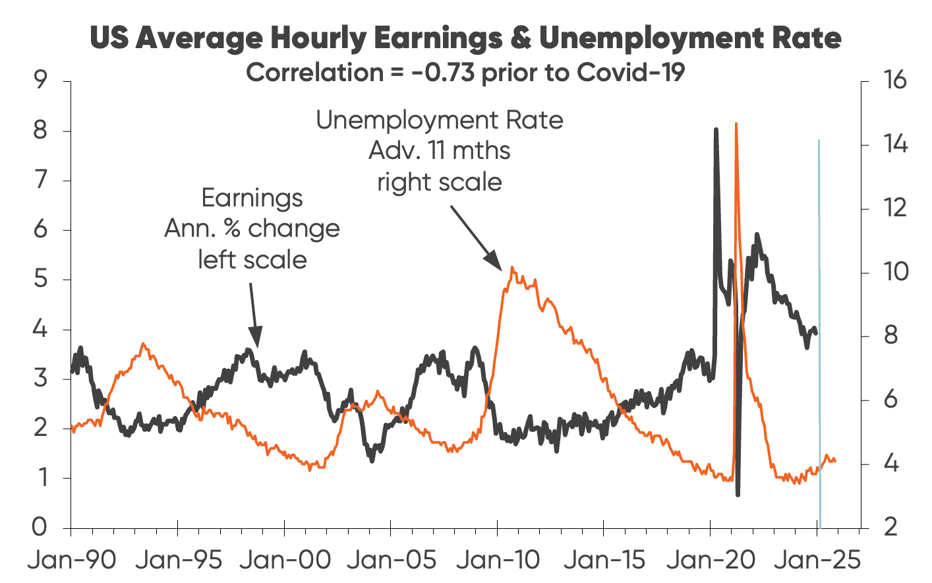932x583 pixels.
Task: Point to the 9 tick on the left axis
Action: tap(40, 81)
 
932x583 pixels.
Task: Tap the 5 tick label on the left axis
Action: tap(40, 280)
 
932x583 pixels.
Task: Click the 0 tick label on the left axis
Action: tap(40, 527)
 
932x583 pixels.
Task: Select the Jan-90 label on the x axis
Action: tap(71, 561)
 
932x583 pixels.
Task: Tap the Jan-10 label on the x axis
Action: tap(498, 561)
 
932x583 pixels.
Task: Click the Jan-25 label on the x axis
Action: tap(817, 561)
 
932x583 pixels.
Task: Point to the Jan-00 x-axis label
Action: tap(285, 561)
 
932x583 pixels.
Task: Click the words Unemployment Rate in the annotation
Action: tap(440, 121)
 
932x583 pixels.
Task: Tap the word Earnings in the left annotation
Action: tap(252, 198)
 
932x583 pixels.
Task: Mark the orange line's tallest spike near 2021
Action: tap(736, 124)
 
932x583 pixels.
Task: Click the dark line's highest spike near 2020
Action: tap(716, 130)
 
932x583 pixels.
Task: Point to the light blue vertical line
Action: tap(819, 330)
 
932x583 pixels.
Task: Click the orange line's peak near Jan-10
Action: tap(511, 268)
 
